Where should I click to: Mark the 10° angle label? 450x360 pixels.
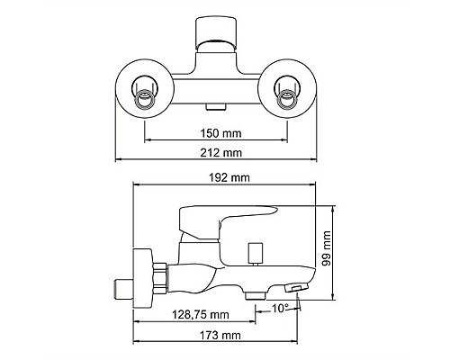click(282, 309)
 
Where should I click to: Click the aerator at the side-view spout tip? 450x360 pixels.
click(296, 287)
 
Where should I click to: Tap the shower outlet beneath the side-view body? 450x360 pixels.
click(254, 292)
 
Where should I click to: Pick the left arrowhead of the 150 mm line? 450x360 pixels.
click(148, 139)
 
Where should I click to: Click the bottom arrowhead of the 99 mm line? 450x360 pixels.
click(335, 298)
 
